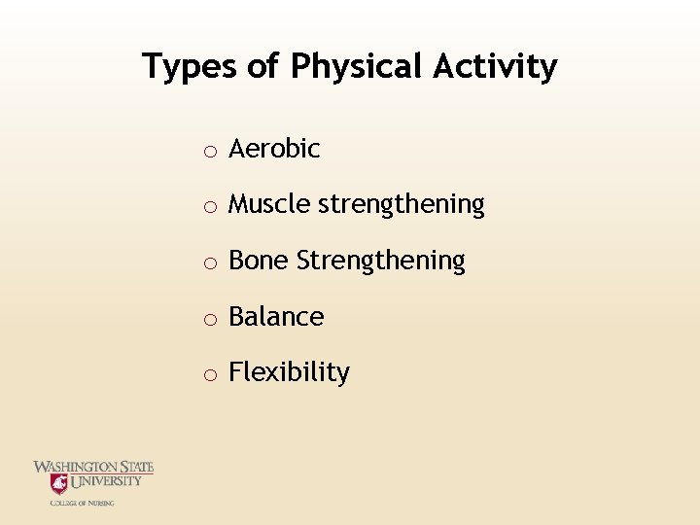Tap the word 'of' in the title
262,67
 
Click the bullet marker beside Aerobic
209,151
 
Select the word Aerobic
274,149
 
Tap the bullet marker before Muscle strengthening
209,206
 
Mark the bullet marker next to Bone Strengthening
209,262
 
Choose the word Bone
259,261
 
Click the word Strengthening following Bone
381,262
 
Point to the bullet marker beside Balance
209,318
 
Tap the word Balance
276,317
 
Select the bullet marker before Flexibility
209,374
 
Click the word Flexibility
289,373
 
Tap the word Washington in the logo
76,467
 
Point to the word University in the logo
106,480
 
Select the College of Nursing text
83,503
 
